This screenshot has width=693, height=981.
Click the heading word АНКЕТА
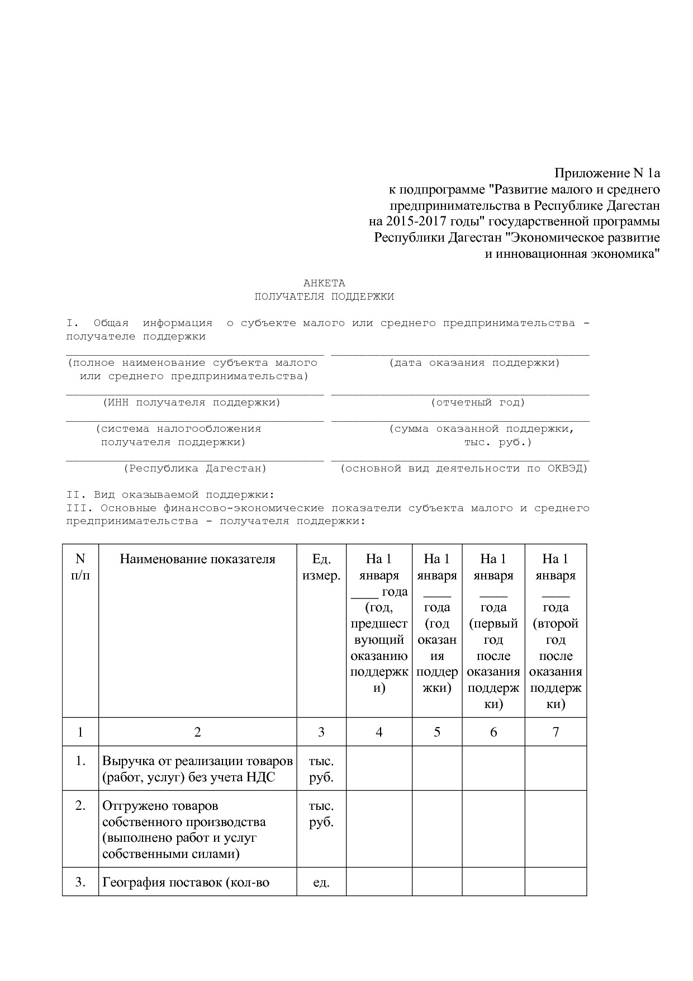click(x=324, y=283)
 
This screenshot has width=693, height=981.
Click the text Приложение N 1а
click(x=606, y=173)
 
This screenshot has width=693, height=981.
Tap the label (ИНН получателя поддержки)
click(x=192, y=402)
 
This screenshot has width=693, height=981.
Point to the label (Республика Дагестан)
click(x=195, y=468)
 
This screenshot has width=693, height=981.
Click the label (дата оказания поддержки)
click(x=474, y=362)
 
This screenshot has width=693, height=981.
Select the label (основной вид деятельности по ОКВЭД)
click(x=464, y=468)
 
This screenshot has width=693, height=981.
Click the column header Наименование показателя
click(x=197, y=559)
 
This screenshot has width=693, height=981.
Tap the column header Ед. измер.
click(x=321, y=567)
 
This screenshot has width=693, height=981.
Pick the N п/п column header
click(x=80, y=567)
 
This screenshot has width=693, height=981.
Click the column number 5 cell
click(x=437, y=732)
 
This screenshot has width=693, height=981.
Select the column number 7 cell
click(x=556, y=732)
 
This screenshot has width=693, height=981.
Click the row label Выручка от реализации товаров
click(x=197, y=761)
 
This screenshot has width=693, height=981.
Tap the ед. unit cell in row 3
click(x=321, y=883)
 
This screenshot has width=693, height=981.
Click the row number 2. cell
click(x=80, y=805)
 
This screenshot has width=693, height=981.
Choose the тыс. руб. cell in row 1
click(x=321, y=769)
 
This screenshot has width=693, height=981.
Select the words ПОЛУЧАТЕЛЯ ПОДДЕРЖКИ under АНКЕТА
click(x=324, y=296)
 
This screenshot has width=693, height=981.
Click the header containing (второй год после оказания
click(x=556, y=631)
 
